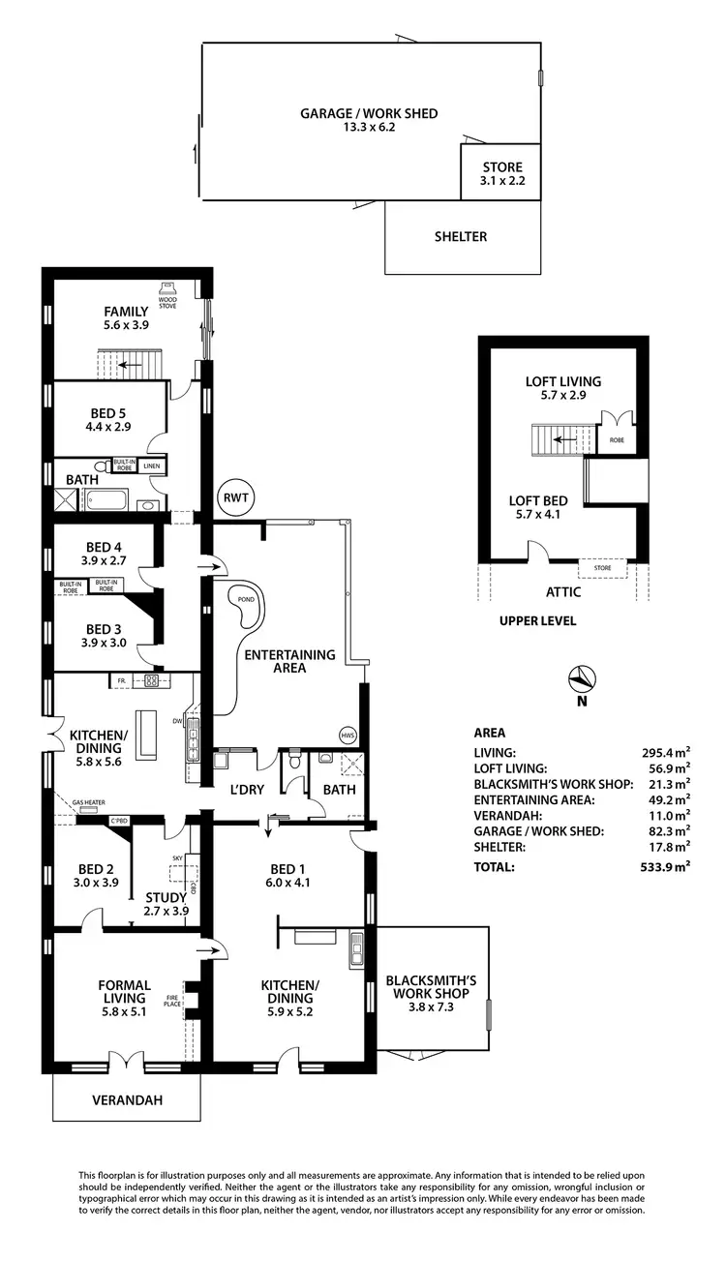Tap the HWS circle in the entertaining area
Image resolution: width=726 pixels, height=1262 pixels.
348,735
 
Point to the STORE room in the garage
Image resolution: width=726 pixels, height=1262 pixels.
501,173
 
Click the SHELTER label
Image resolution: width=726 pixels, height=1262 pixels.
461,236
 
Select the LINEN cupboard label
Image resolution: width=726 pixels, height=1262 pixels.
152,466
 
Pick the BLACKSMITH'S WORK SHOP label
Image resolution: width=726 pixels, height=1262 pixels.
431,986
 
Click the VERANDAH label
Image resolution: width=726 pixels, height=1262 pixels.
127,1100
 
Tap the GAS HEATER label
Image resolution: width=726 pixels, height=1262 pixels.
89,802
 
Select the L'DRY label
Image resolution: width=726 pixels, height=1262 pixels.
246,790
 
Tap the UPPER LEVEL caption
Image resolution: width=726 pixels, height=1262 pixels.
537,620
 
